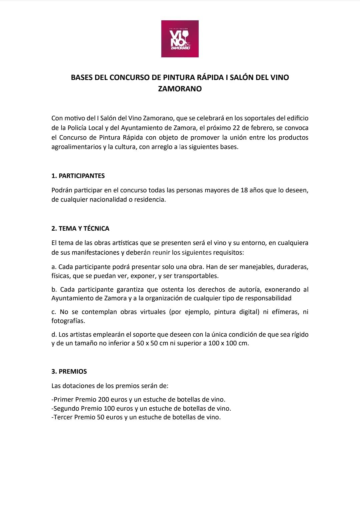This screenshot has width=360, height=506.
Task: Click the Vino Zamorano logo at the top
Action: click(180, 39)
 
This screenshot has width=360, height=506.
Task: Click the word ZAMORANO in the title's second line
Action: click(180, 89)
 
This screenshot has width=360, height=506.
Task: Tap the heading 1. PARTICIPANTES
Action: click(78, 176)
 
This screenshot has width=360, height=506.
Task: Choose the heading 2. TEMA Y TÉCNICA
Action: click(80, 228)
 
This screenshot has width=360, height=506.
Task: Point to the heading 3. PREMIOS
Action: click(69, 371)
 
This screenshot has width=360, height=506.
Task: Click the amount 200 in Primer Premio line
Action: click(104, 399)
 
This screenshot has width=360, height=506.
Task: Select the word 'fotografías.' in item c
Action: click(68, 321)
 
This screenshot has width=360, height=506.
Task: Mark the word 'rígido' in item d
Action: click(300, 334)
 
